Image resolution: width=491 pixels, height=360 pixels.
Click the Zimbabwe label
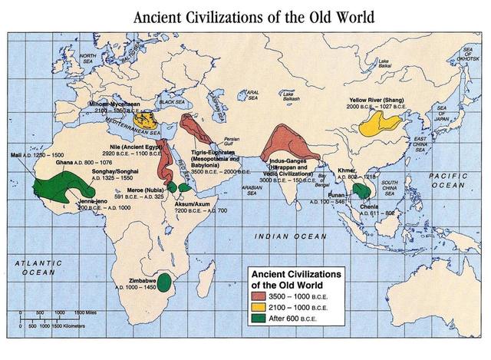[133, 279]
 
